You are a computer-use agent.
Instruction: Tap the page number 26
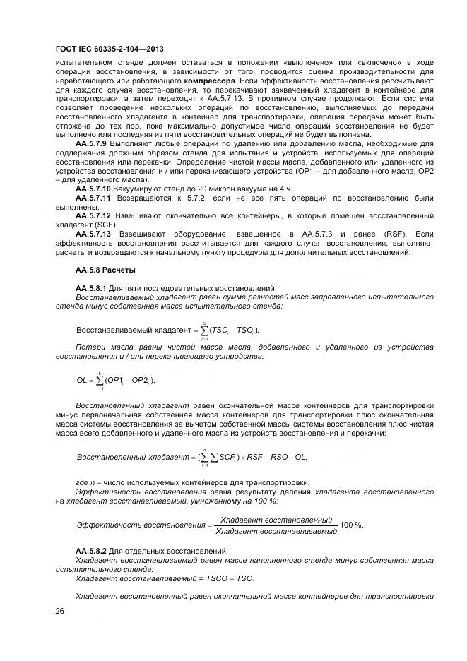pyautogui.click(x=60, y=612)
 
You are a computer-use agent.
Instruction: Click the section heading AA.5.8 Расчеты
pyautogui.click(x=105, y=270)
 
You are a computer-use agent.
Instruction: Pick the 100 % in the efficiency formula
pyautogui.click(x=352, y=524)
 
